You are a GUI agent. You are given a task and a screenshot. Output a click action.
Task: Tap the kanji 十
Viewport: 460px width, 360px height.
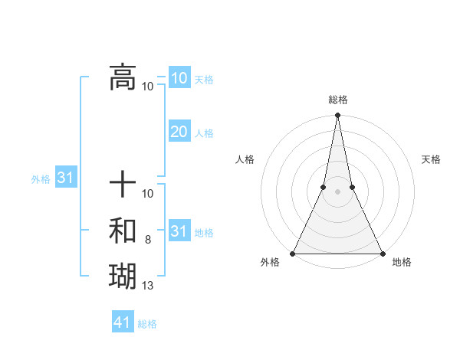pos(123,185)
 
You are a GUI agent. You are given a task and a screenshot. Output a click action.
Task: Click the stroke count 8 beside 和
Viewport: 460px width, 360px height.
pos(148,240)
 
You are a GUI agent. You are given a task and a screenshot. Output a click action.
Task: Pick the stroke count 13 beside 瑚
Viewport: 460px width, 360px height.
pos(148,286)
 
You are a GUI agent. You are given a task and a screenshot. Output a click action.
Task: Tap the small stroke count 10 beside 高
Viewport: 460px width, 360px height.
pos(148,86)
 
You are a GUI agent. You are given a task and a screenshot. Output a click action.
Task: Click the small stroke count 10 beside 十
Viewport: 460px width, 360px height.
pos(148,194)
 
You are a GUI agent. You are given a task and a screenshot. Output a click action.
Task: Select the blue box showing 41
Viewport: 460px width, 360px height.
pos(123,322)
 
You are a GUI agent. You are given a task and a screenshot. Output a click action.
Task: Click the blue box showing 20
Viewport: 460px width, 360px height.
pos(179,132)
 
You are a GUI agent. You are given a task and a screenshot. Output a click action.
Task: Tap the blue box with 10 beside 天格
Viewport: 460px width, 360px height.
pos(179,78)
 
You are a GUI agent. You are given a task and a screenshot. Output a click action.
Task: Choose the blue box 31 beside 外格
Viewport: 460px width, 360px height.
pos(65,178)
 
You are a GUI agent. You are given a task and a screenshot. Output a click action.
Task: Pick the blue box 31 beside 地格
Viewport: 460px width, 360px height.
pos(179,231)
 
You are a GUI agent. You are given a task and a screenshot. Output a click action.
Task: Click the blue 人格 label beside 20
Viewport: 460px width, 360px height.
pos(204,133)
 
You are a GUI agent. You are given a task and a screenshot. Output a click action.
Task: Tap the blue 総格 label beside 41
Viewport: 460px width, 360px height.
pos(147,324)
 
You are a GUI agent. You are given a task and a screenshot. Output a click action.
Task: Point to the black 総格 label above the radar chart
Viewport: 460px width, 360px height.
pos(337,100)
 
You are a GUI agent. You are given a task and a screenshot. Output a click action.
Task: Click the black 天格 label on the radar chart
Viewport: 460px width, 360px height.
pos(431,159)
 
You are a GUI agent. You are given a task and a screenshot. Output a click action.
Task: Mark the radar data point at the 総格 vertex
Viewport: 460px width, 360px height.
pos(337,116)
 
